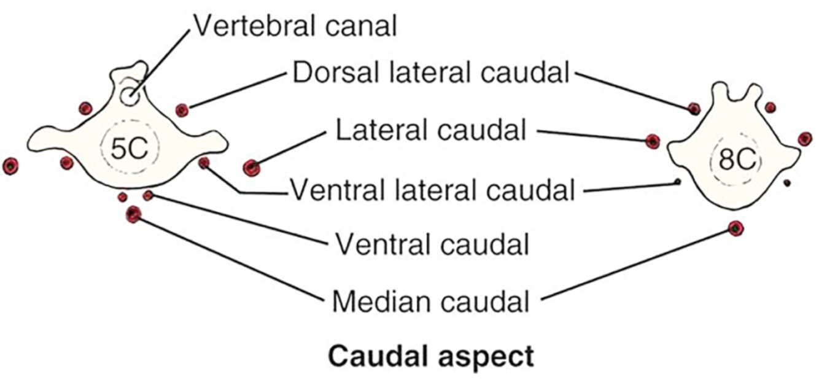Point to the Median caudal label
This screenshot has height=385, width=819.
coord(430,301)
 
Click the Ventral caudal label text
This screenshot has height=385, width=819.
coord(432,245)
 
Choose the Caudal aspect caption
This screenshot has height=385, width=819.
coord(430,357)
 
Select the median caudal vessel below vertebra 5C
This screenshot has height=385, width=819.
coord(133,214)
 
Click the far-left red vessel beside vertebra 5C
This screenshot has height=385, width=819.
coord(10,166)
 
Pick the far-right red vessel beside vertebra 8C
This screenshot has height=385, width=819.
coord(805,139)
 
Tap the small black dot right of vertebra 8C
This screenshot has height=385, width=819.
coord(787,182)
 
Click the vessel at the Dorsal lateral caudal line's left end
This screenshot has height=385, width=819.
coord(181,110)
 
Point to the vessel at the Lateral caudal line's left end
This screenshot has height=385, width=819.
coord(250,167)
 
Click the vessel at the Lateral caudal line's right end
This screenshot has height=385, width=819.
coord(652,141)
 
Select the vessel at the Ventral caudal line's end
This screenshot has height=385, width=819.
coord(148,195)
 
